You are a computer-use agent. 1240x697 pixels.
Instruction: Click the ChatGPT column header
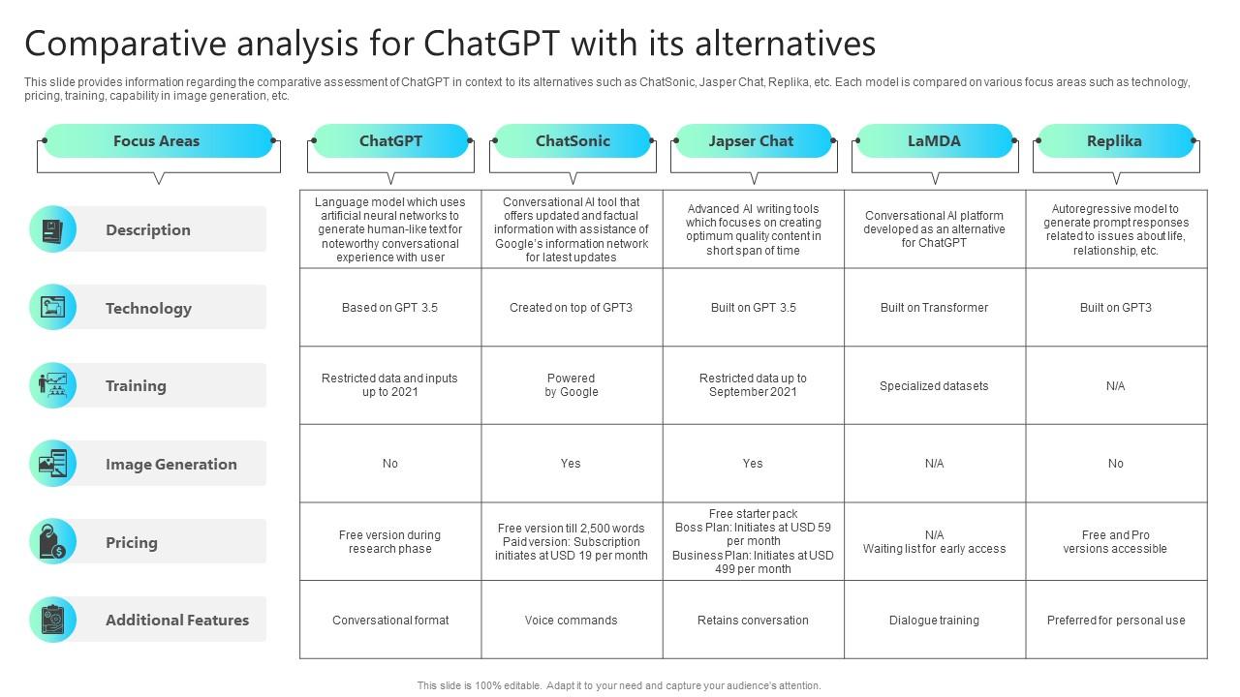click(390, 141)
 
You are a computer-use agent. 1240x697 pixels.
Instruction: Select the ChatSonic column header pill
click(572, 141)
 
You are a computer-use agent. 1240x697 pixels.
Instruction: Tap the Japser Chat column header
click(752, 141)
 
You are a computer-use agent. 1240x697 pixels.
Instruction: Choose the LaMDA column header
click(934, 141)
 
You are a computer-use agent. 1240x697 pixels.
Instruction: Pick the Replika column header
click(1114, 141)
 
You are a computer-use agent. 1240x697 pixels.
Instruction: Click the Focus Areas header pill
click(158, 141)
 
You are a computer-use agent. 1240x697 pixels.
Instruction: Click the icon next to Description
click(52, 229)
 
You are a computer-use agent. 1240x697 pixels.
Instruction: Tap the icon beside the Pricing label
click(52, 542)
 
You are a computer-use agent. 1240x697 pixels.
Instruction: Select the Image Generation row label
click(170, 465)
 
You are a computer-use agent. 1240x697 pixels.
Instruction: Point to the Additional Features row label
click(177, 621)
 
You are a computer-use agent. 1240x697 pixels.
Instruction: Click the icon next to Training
click(52, 385)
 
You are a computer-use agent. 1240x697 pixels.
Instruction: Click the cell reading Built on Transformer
click(934, 308)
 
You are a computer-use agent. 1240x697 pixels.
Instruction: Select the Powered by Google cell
click(572, 385)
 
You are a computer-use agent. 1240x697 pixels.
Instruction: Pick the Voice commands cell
click(572, 621)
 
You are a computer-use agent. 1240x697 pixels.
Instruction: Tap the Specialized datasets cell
click(934, 386)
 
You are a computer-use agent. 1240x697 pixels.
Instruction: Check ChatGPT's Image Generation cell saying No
click(390, 464)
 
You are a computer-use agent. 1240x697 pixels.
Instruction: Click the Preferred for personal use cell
click(1116, 621)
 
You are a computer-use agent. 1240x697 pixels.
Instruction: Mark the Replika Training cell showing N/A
click(1116, 386)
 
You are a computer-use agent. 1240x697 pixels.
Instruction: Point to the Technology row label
click(148, 309)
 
